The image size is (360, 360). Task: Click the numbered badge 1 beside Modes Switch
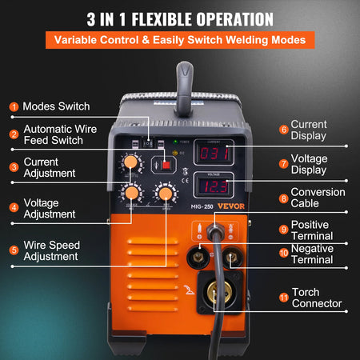click(14, 106)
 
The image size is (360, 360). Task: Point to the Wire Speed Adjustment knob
click(166, 194)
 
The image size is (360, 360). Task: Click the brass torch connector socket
click(213, 294)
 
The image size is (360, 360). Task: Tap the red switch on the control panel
click(166, 164)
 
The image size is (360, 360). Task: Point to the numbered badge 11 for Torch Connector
click(283, 297)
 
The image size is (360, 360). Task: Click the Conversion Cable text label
click(318, 198)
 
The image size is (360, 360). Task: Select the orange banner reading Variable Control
click(179, 39)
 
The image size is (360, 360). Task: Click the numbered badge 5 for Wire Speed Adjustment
click(14, 250)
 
